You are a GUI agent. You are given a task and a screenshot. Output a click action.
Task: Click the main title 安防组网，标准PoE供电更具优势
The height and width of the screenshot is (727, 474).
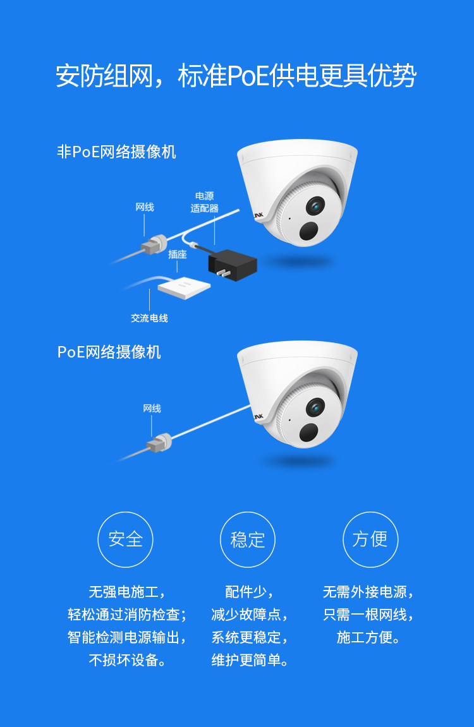(x=236, y=76)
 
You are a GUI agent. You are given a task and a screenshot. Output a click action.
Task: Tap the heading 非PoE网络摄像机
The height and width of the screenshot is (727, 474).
(x=116, y=152)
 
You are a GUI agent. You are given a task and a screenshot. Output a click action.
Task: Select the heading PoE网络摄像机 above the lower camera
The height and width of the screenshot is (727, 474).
(x=109, y=352)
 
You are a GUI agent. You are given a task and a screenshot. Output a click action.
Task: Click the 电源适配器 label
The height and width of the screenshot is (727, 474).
(x=204, y=202)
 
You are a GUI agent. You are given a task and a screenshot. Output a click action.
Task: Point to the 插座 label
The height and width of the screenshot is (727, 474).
(x=177, y=255)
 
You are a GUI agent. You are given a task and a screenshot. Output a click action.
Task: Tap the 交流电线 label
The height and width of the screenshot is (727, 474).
(x=149, y=318)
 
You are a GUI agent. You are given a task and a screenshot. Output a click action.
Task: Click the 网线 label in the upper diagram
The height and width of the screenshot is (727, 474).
(x=145, y=207)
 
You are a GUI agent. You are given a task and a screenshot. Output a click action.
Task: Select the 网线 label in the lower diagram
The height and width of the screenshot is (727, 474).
(x=152, y=409)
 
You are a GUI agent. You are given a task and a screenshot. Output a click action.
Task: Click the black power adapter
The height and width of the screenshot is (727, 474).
(x=232, y=264)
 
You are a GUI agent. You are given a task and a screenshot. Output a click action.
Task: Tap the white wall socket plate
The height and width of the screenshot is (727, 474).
(x=184, y=288)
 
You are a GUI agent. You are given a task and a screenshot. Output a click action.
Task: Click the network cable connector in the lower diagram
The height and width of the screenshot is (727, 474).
(x=159, y=443)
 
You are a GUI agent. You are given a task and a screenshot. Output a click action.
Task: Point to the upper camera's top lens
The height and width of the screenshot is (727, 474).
(x=315, y=206)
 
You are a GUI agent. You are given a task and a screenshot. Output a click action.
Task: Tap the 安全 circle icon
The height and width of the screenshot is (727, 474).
(x=125, y=539)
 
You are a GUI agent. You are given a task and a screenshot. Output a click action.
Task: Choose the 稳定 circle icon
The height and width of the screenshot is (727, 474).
(x=248, y=539)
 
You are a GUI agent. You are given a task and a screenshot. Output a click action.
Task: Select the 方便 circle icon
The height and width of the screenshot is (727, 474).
(x=370, y=539)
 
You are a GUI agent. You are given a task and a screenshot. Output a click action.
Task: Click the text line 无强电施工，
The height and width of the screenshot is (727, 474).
(x=127, y=592)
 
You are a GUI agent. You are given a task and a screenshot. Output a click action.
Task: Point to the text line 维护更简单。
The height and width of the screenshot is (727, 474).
(x=250, y=661)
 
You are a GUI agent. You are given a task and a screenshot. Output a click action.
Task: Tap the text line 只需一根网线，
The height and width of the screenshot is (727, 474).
(x=369, y=615)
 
